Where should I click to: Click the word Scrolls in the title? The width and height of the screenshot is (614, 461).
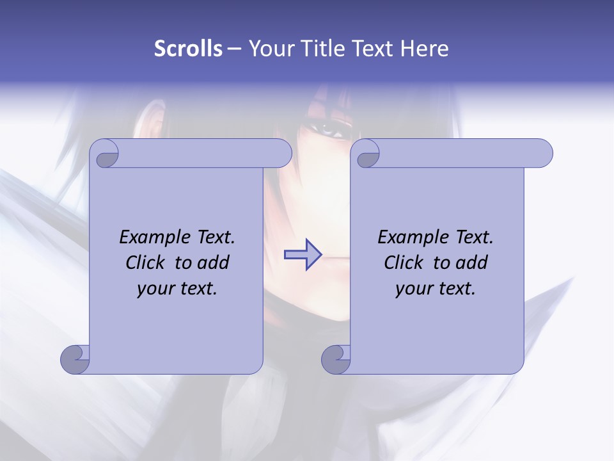[x=188, y=49]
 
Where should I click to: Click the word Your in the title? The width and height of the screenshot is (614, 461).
[x=270, y=49]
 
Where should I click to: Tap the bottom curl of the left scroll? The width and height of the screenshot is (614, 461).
[x=75, y=359]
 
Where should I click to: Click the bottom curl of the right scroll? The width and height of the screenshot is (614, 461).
[x=336, y=359]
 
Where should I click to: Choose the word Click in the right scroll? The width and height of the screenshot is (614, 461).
[x=404, y=263]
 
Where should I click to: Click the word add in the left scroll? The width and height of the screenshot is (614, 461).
[x=214, y=263]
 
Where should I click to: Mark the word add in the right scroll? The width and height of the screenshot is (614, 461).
[x=472, y=263]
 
